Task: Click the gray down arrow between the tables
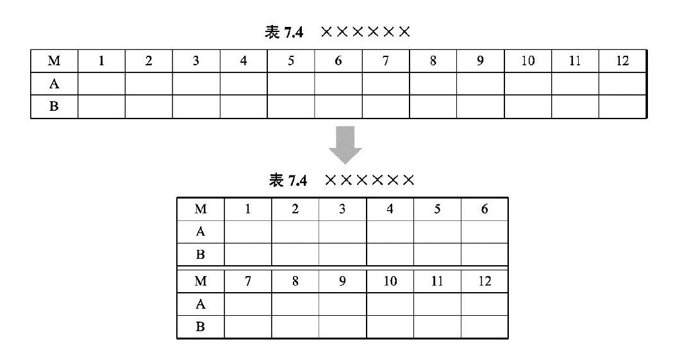pos(345,145)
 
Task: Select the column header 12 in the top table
pos(622,61)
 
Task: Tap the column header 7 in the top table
pos(385,61)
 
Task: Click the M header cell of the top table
pos(54,61)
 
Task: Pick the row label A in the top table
pos(54,83)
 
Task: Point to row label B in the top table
pos(54,106)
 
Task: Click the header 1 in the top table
pos(101,61)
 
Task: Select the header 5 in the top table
pos(290,61)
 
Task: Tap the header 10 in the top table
pos(527,61)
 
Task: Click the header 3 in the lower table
pos(342,209)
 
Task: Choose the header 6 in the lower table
pos(485,209)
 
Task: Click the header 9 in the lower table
pos(342,281)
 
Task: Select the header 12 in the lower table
pos(485,281)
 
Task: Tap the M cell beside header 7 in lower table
pos(201,281)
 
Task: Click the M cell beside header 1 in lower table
pos(201,209)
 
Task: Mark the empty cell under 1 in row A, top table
pos(101,83)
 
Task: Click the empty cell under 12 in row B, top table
pos(622,106)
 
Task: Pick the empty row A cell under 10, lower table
pos(390,304)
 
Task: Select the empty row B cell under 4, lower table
pos(390,254)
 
